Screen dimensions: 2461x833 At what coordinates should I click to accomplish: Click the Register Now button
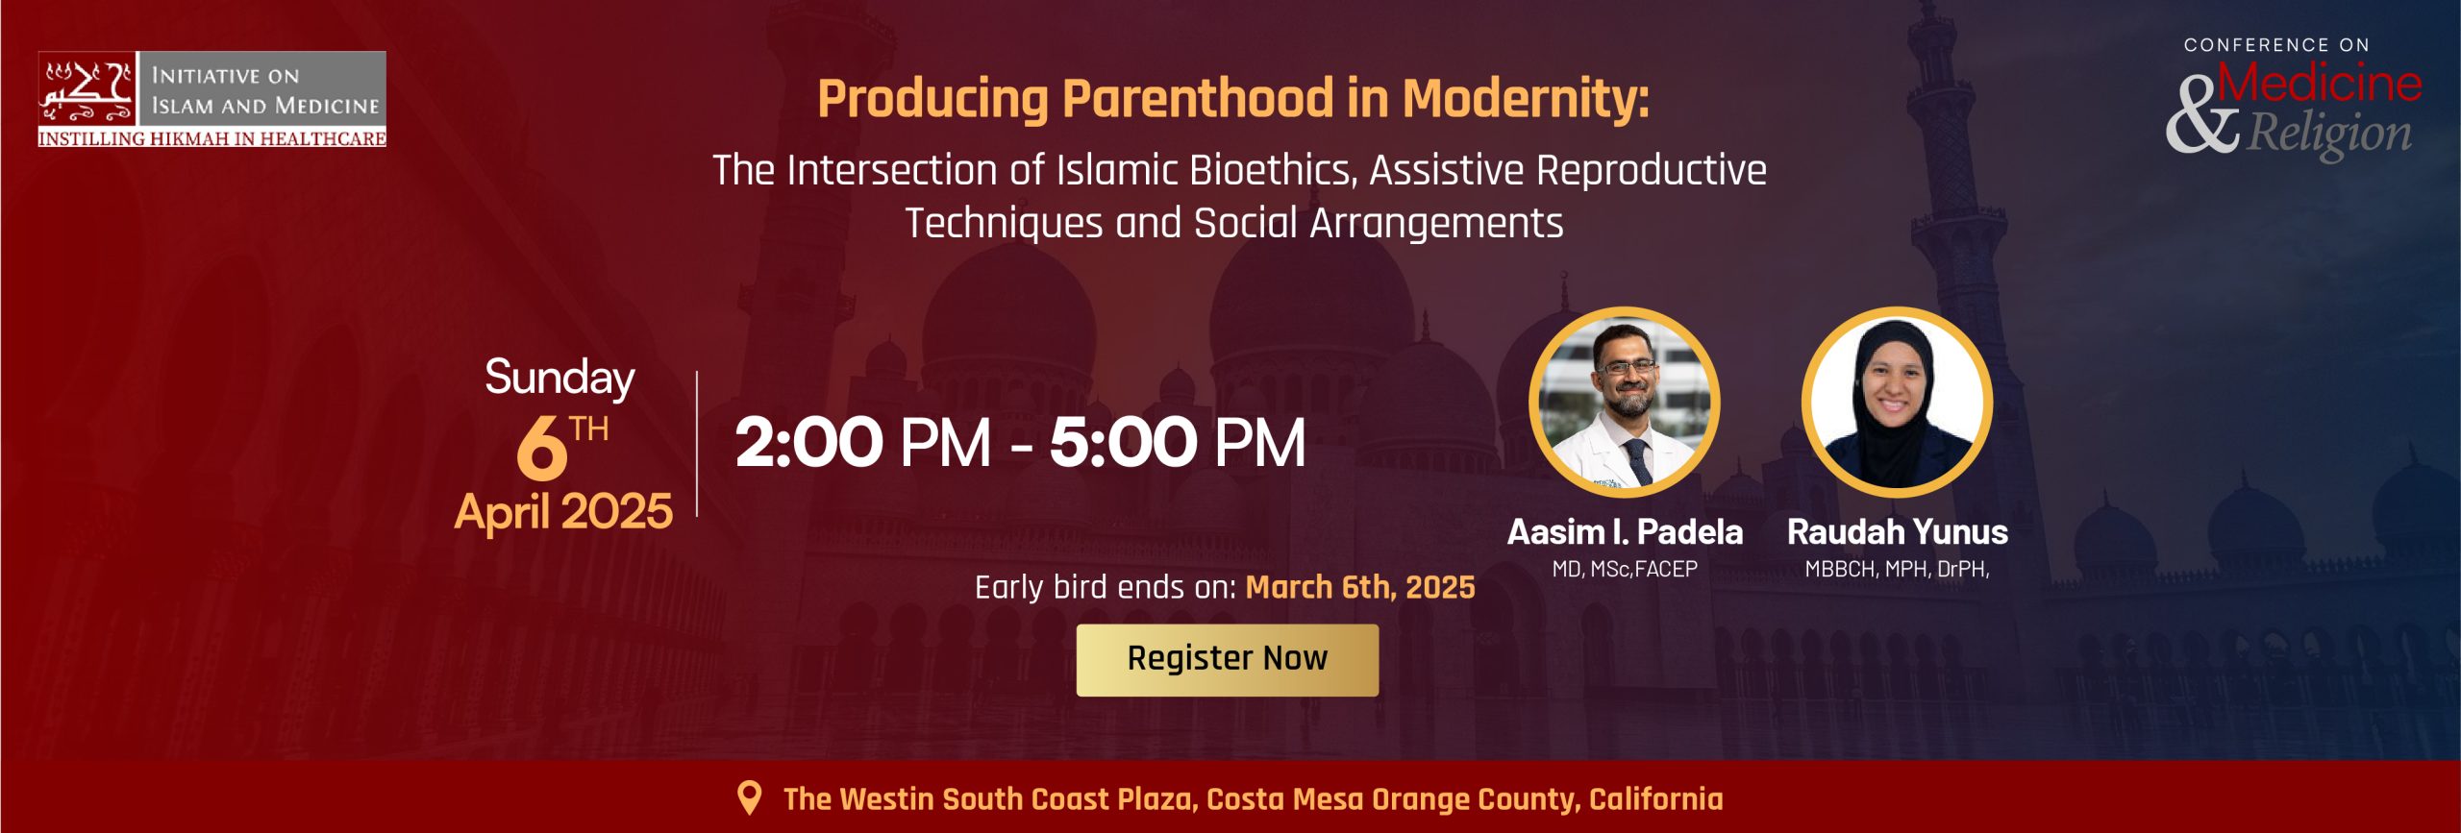coord(1227,660)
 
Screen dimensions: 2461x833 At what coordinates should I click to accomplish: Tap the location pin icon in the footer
coord(749,797)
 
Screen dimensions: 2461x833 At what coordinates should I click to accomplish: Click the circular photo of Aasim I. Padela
coord(1624,403)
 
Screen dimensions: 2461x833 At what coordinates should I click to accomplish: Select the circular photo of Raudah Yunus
coord(1897,403)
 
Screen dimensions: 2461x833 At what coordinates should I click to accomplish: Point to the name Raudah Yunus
coord(1897,531)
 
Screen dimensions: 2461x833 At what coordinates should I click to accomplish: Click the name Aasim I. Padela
coord(1625,531)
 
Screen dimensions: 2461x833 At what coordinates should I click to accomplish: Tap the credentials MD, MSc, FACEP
coord(1625,569)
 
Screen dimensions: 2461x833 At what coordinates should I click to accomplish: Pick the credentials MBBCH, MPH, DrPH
coord(1897,569)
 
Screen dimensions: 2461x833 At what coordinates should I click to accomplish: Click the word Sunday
coord(559,378)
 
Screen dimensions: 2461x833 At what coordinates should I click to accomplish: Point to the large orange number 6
coord(541,448)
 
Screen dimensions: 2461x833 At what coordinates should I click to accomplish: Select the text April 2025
coord(563,511)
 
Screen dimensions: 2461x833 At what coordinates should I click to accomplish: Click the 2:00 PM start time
coord(862,443)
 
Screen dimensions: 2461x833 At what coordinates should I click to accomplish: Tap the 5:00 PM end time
coord(1178,443)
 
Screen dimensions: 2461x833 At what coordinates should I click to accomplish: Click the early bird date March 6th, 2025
coord(1360,587)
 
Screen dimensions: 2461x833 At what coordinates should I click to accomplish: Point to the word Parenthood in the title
coord(1198,99)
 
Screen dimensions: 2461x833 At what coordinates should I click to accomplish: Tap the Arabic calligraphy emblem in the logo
coord(87,91)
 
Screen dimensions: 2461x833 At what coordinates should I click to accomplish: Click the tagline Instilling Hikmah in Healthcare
coord(211,138)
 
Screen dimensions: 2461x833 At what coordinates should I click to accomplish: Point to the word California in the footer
coord(1655,798)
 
